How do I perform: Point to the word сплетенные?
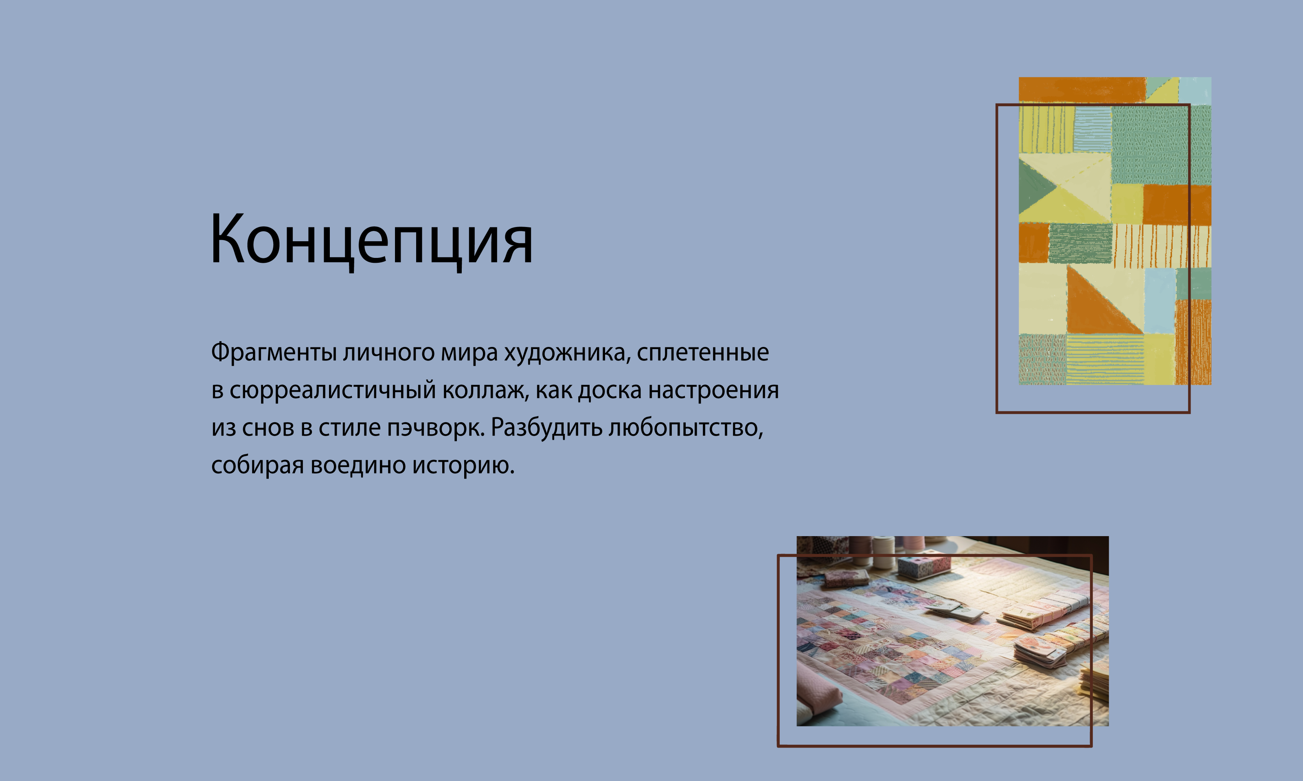point(702,353)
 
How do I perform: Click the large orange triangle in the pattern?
point(1098,305)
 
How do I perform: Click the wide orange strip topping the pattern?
point(1082,89)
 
